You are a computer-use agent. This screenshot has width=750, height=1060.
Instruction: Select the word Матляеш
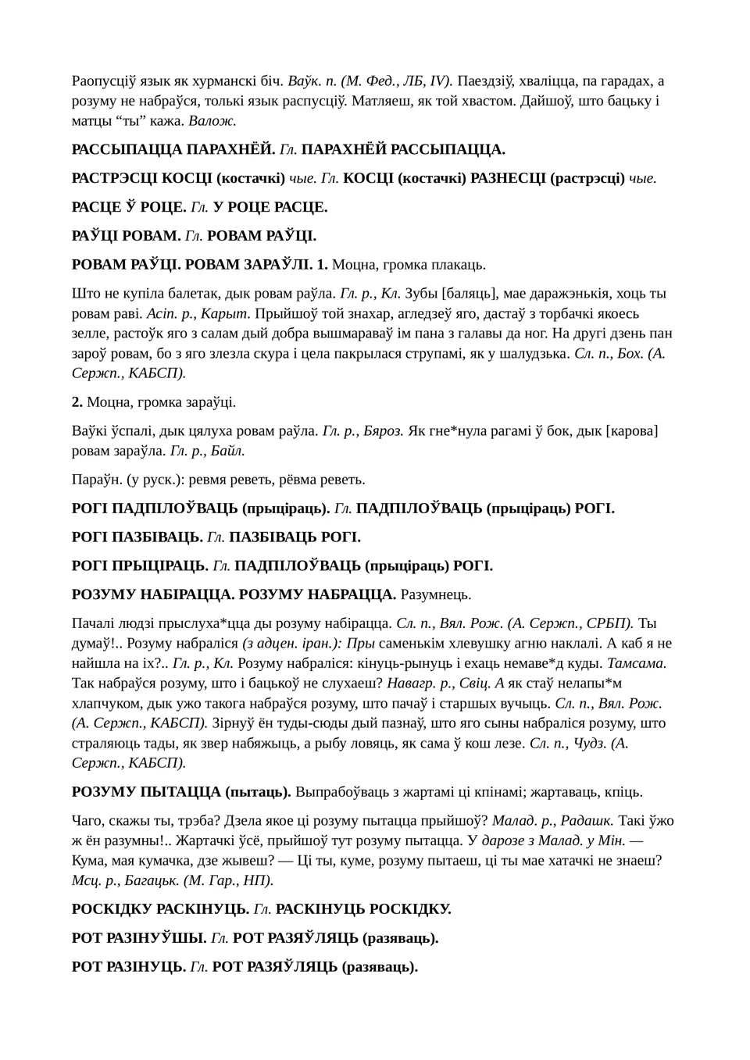click(376, 101)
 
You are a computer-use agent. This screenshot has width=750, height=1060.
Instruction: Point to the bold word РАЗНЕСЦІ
click(509, 178)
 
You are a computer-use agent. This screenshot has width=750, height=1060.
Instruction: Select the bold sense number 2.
click(77, 402)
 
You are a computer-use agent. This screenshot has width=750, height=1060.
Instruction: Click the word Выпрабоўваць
click(345, 792)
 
